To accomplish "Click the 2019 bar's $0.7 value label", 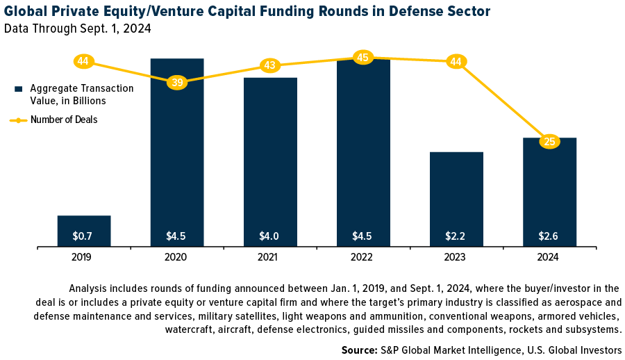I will tap(83, 236).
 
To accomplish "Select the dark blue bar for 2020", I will tap(176, 160).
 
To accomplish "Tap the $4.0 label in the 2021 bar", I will tap(269, 236).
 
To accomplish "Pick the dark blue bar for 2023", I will tap(456, 195).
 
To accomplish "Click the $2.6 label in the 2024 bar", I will tap(549, 236).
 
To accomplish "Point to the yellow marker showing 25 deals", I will tap(549, 142).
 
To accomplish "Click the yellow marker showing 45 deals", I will tap(362, 57).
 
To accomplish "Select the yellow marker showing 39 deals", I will tap(177, 82).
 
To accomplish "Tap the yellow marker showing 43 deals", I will tap(269, 65).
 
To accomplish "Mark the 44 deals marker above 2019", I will tap(83, 61).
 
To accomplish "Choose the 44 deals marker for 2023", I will tap(456, 61).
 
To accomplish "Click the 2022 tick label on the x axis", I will tap(362, 257).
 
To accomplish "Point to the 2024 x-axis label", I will tap(549, 257).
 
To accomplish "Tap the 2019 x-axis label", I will tap(83, 257).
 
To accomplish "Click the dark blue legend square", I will tap(19, 89).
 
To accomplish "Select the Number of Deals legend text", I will tap(64, 120).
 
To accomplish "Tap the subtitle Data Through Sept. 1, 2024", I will tap(77, 28).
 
